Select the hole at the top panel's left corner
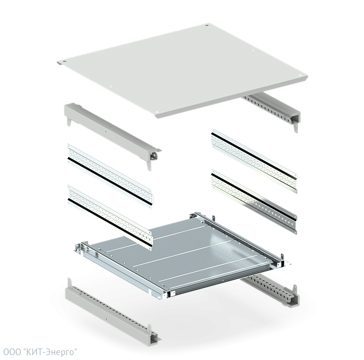[64, 62]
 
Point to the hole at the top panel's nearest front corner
[157, 112]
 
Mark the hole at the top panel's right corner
[300, 75]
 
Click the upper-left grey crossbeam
[113, 136]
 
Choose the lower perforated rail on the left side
[110, 217]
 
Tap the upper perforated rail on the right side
[254, 161]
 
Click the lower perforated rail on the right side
[254, 202]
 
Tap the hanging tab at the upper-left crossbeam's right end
[149, 166]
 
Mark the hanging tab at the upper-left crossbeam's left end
[69, 121]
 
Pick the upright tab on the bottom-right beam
[295, 290]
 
